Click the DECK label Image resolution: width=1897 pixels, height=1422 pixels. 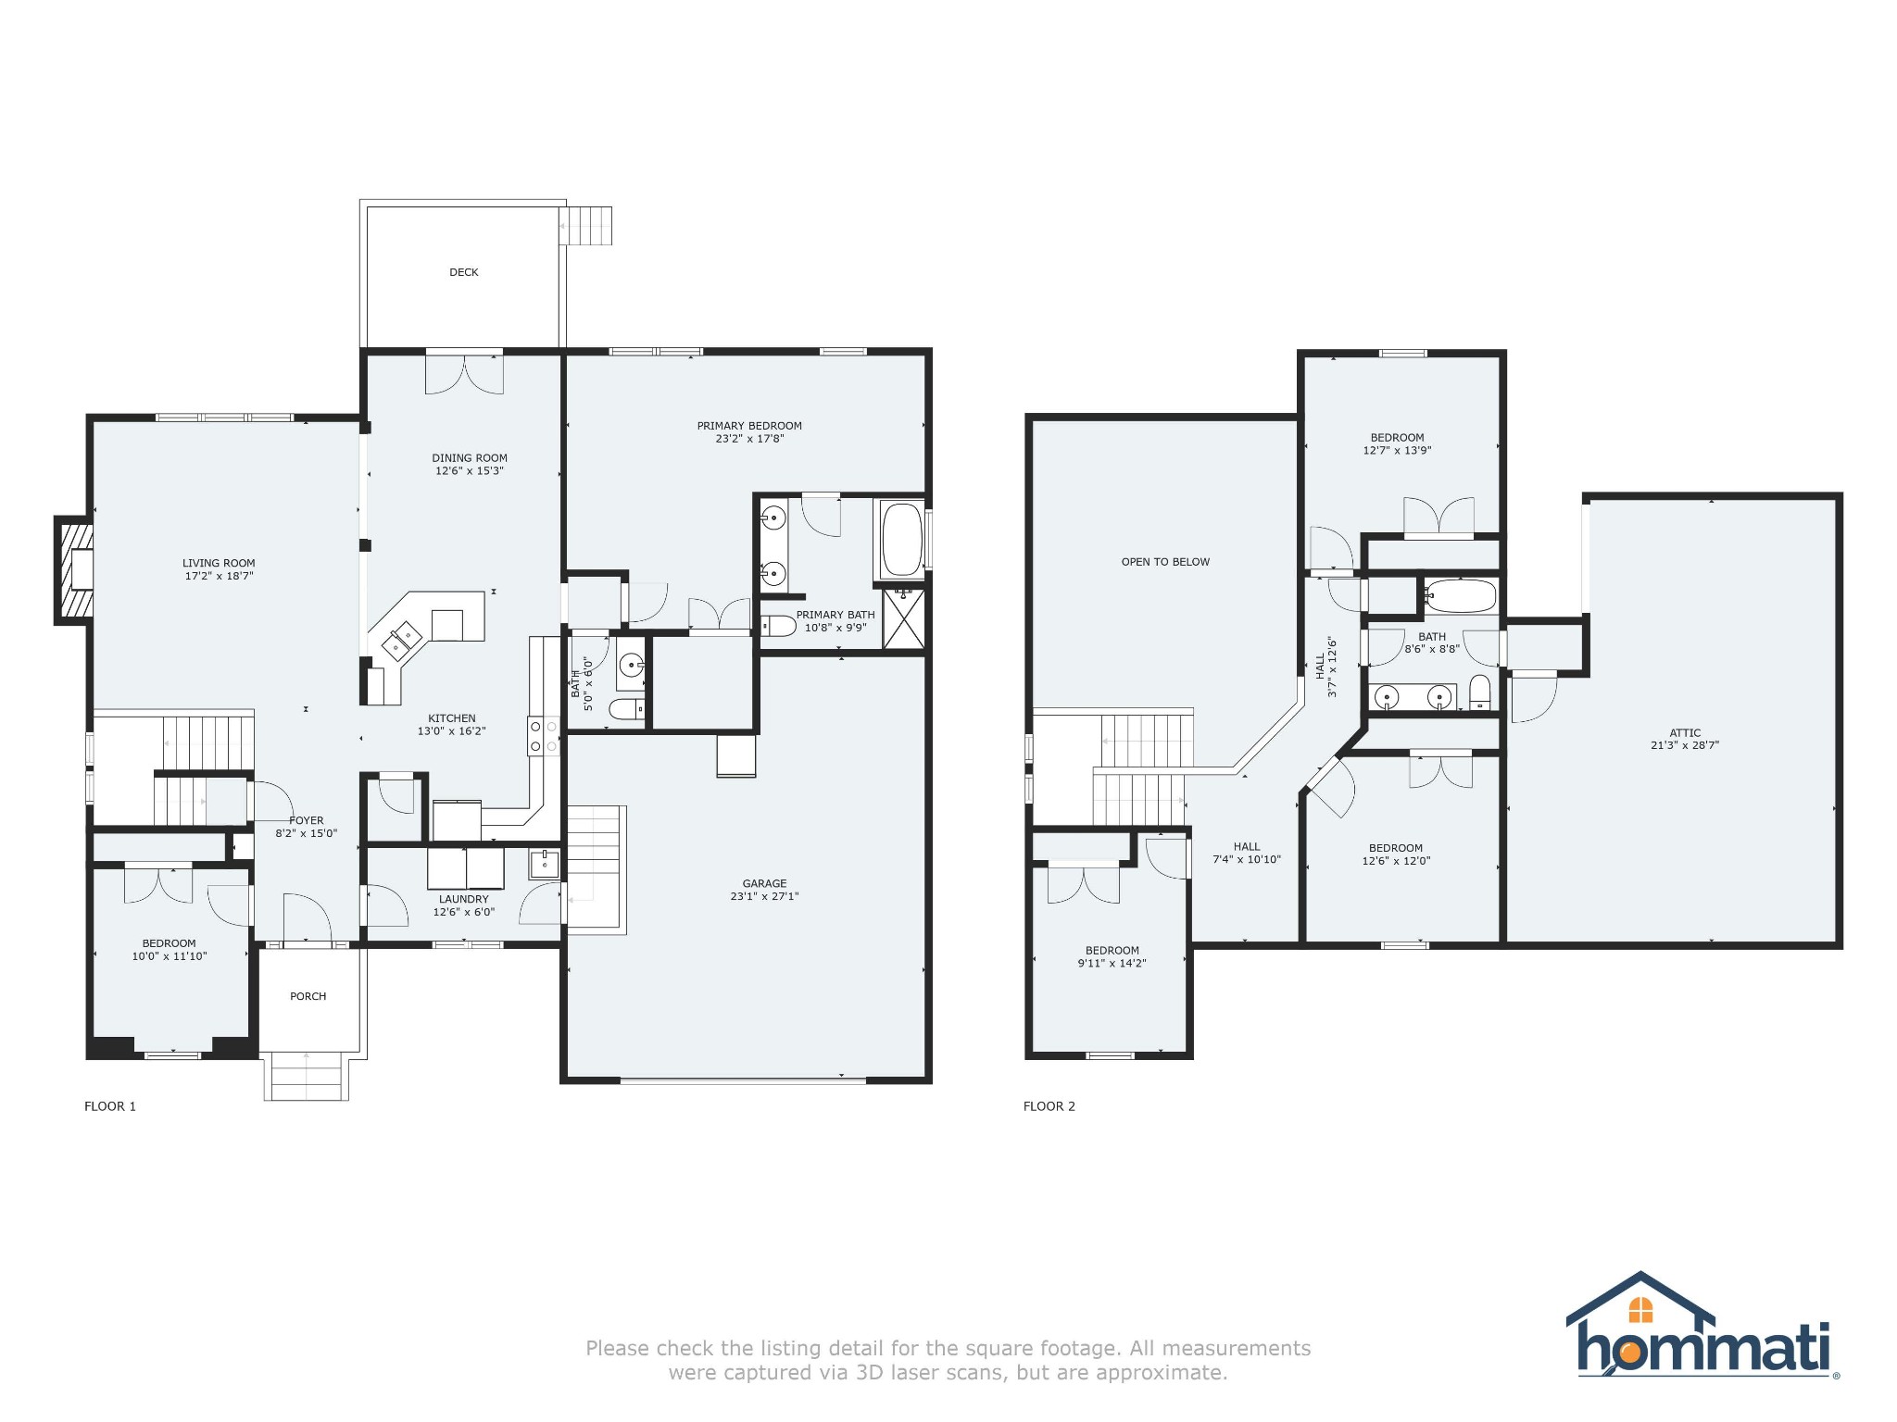pos(464,272)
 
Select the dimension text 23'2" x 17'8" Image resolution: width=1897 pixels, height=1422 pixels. pos(749,439)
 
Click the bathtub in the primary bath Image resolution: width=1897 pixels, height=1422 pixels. pos(900,540)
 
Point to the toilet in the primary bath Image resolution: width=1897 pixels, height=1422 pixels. pos(779,628)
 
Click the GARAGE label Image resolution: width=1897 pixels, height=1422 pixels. pos(764,883)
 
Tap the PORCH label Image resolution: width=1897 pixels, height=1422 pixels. pos(308,996)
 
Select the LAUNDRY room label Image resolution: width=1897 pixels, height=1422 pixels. pos(463,899)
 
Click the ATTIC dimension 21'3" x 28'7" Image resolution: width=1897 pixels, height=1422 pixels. pos(1684,745)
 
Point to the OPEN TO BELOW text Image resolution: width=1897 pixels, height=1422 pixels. pos(1165,562)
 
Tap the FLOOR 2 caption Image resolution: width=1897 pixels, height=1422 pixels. pos(1049,1106)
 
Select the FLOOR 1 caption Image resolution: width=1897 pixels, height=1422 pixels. pos(110,1106)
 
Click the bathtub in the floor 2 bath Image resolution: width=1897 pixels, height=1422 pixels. pos(1460,596)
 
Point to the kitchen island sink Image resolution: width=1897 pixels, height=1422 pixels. pos(404,639)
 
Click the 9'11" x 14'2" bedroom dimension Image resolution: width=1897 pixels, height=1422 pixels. pos(1112,964)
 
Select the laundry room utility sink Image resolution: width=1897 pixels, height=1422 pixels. pos(545,864)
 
